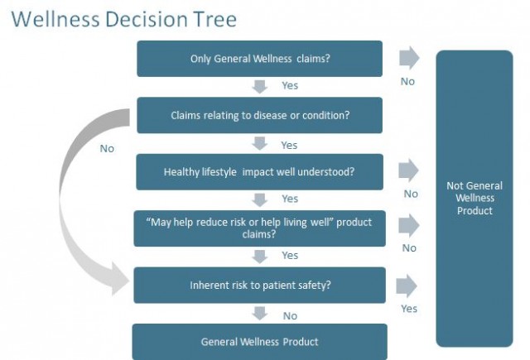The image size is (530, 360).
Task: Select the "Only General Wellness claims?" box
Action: click(259, 59)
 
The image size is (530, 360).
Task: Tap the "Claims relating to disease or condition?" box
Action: click(259, 115)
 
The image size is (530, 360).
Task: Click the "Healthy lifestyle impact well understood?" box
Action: click(259, 172)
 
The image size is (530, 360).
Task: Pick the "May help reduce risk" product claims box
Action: click(259, 228)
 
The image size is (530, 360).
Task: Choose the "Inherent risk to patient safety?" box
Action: click(259, 285)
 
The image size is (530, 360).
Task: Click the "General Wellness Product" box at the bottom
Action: click(259, 341)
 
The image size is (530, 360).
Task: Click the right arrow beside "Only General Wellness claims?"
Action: click(408, 58)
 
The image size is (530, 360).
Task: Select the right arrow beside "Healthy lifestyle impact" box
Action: click(408, 171)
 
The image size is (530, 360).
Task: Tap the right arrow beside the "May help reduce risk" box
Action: click(408, 225)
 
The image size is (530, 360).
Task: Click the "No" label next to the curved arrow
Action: click(107, 149)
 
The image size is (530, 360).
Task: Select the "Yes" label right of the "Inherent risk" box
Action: click(409, 309)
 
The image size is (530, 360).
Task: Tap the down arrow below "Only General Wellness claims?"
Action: click(260, 86)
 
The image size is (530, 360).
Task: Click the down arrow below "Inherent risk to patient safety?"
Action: click(260, 314)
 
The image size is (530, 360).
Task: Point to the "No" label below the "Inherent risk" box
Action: click(290, 315)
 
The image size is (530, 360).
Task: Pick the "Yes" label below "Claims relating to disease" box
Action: click(289, 145)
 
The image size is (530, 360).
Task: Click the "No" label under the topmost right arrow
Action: click(407, 81)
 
